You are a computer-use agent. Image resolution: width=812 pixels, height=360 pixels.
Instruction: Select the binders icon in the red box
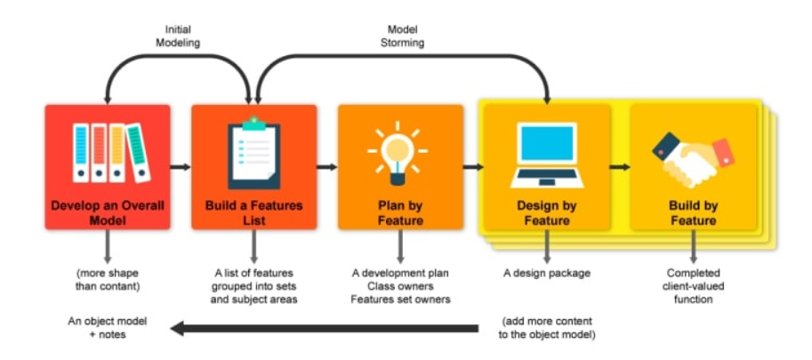[x=109, y=154]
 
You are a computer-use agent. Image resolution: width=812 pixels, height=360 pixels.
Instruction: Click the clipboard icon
[x=253, y=153]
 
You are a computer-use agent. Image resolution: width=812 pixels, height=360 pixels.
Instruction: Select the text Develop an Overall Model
[x=108, y=213]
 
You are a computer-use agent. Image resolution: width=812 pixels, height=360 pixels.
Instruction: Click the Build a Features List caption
[x=253, y=213]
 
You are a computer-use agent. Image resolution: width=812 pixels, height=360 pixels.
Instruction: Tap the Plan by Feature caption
[x=399, y=213]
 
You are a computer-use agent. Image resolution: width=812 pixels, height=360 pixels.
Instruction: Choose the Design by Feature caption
[x=546, y=213]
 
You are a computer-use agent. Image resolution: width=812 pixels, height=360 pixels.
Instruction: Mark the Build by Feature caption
[x=693, y=213]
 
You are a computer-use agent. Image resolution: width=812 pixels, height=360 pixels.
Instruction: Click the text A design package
[x=545, y=273]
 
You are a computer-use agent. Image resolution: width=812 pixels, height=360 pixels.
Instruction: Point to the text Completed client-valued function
[x=693, y=286]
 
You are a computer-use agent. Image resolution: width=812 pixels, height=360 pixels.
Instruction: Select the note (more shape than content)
[x=108, y=279]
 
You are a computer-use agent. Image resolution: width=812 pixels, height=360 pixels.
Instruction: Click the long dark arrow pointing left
[x=329, y=329]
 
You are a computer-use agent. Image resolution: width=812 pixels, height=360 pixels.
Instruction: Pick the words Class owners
[x=399, y=286]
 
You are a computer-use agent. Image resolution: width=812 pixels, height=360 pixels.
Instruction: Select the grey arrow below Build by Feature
[x=693, y=246]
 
